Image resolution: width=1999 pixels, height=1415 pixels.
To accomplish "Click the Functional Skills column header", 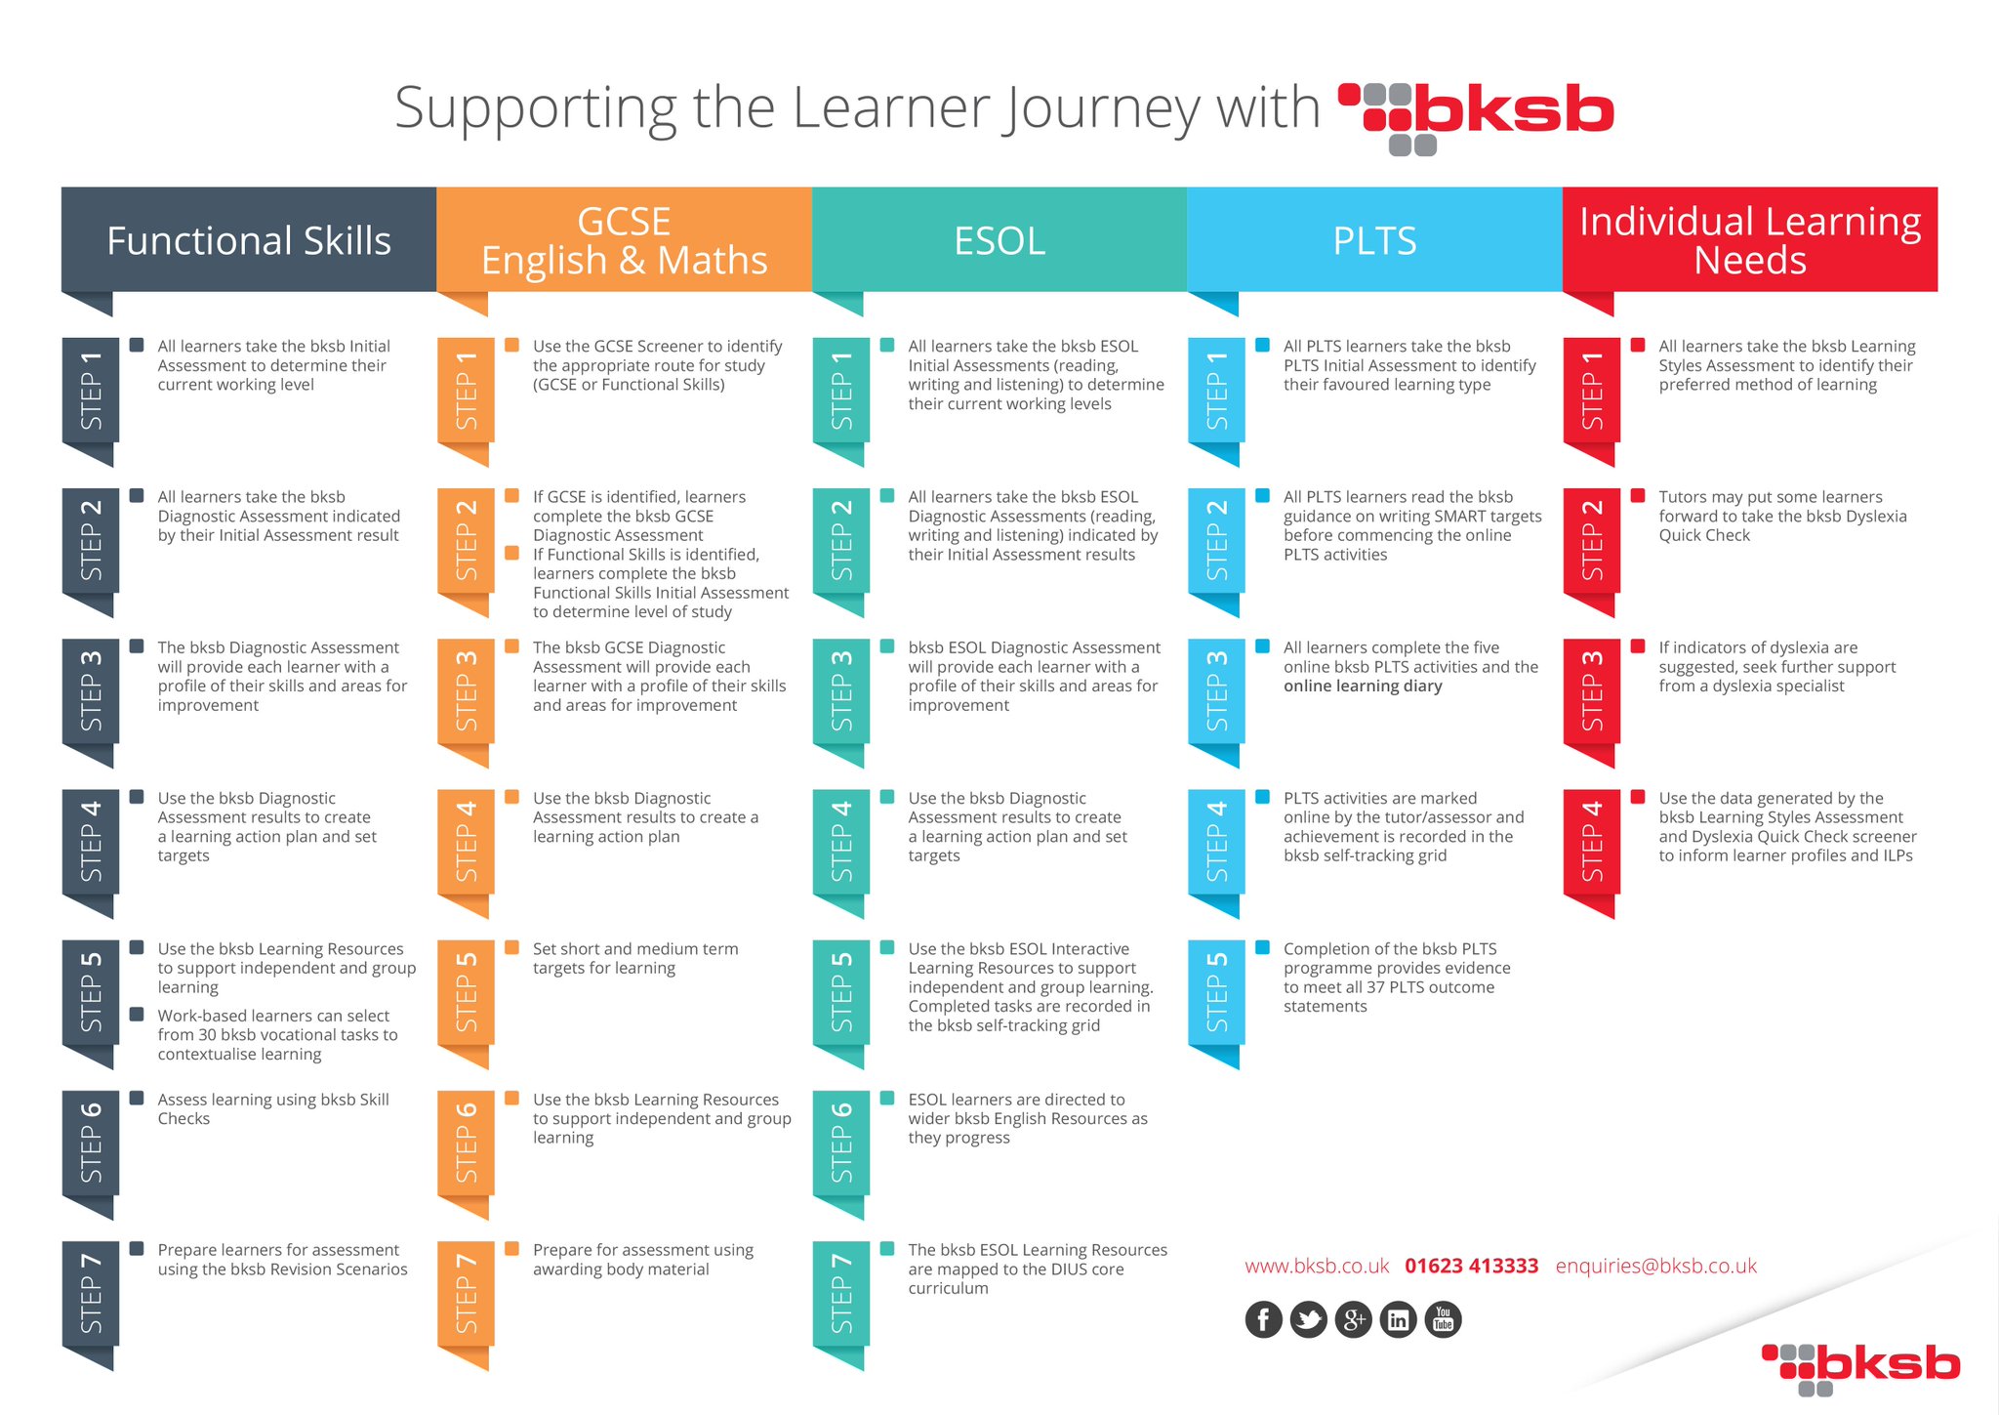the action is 249,240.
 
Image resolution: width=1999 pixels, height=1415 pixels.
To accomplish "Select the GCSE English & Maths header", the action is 624,240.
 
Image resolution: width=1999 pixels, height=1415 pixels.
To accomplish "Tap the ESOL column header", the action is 999,240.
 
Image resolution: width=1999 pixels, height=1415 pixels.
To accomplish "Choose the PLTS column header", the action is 1374,240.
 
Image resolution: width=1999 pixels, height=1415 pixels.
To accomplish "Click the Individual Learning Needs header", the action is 1750,240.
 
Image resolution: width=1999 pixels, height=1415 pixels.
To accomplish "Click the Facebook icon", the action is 1264,1320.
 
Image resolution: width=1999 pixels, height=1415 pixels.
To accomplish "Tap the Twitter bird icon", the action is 1309,1320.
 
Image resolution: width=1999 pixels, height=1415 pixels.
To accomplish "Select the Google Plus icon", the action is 1354,1320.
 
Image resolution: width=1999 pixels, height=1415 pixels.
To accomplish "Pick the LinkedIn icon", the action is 1399,1320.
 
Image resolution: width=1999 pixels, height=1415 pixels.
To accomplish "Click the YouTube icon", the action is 1444,1320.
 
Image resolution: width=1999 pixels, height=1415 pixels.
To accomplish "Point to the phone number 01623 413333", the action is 1472,1267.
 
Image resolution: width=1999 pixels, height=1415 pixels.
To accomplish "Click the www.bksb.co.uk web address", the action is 1317,1267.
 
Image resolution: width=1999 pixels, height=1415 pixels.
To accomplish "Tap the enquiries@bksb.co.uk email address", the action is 1656,1267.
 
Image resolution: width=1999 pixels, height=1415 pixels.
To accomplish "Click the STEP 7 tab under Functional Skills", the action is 91,1294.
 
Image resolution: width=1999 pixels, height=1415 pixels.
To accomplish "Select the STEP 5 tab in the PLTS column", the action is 1216,992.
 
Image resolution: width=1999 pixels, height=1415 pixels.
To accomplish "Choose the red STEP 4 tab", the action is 1592,842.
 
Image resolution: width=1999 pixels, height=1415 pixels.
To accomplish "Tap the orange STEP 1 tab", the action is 466,390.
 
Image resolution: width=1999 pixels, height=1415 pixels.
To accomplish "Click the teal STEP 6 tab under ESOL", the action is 841,1143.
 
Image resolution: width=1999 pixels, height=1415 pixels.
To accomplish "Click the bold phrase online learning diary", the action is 1363,687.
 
